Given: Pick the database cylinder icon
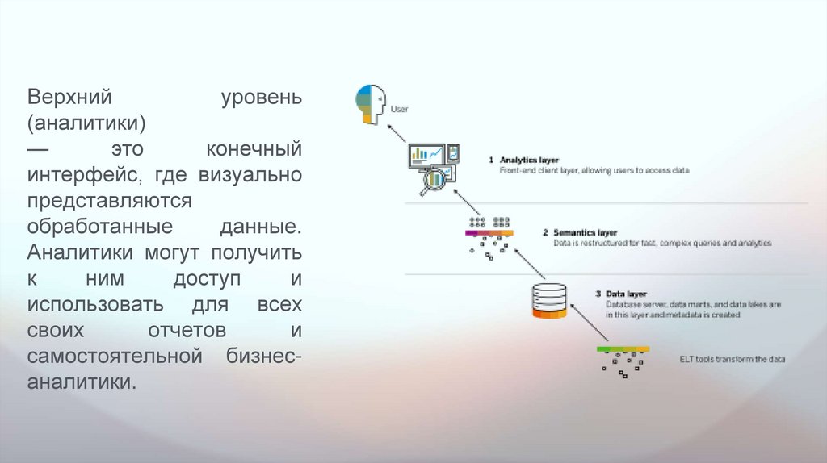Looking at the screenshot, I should pos(548,302).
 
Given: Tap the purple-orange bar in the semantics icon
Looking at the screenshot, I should pos(489,233).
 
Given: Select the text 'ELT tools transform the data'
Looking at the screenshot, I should pos(733,359).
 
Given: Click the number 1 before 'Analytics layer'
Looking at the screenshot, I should pos(491,160).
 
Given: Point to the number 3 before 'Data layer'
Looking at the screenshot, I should pos(598,294).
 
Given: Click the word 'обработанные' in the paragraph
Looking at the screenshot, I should pos(98,226).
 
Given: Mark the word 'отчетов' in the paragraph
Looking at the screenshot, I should pos(187,330).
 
